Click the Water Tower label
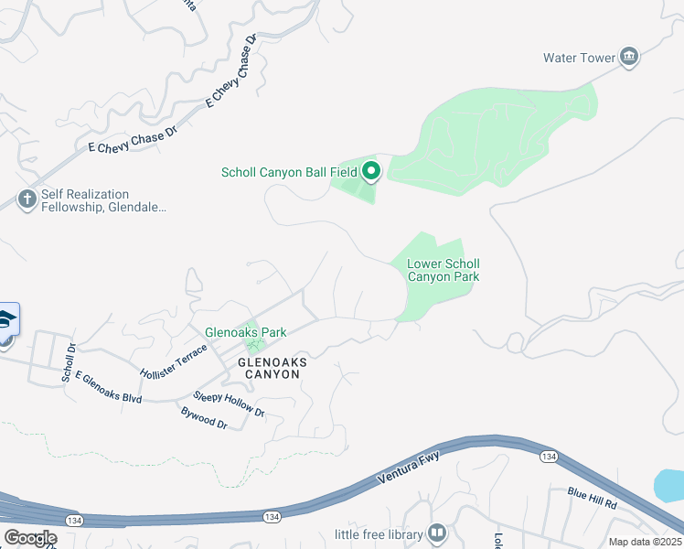(580, 58)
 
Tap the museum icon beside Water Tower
(629, 57)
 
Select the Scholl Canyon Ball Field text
(289, 172)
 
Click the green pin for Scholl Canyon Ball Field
(371, 171)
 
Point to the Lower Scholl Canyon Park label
(443, 270)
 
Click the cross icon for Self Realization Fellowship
(27, 199)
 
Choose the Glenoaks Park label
(245, 332)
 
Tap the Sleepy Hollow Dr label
(229, 405)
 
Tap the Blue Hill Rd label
(592, 499)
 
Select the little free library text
(379, 534)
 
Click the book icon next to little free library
(437, 533)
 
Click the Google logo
(30, 537)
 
